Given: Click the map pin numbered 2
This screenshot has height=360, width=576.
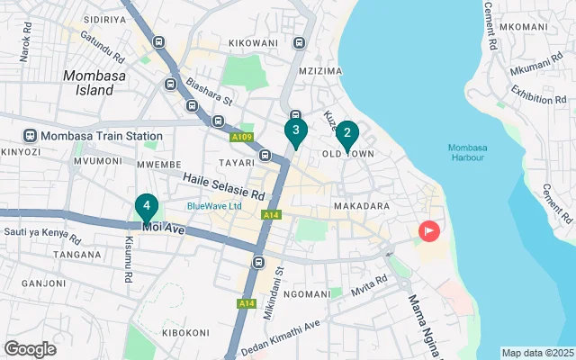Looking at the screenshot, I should pos(347,134).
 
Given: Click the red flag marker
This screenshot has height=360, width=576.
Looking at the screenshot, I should pos(428,231).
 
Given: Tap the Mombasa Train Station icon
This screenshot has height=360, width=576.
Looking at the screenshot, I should pos(30,136).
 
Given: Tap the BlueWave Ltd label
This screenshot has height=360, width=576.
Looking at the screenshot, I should pos(214,206).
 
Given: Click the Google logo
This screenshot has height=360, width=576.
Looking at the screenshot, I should pos(30,348).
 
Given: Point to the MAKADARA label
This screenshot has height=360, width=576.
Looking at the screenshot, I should pos(361,206).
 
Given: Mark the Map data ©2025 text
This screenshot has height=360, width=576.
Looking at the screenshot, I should pos(536,353).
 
